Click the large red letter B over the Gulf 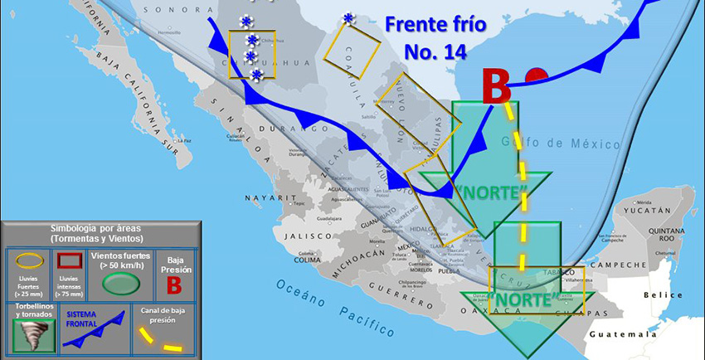pos(497,85)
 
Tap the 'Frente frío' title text pos(436,25)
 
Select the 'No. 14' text pos(435,52)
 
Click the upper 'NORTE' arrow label pos(492,192)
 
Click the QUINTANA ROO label pos(665,236)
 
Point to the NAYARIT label pos(265,197)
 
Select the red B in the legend pos(174,285)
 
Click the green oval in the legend pos(121,285)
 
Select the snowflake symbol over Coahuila pos(348,18)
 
